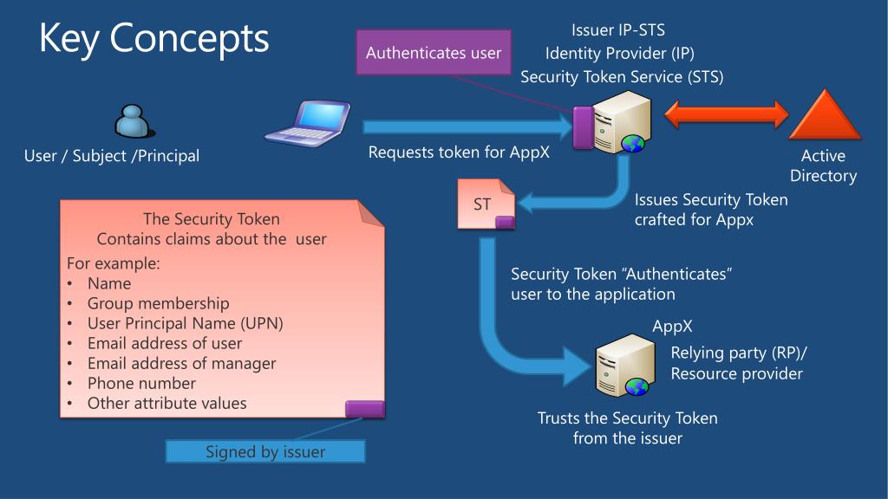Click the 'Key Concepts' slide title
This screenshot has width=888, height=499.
pos(154,38)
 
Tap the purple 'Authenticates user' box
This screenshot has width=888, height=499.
pos(434,53)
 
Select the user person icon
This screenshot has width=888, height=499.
pos(134,121)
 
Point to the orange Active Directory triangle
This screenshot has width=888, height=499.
pos(825,115)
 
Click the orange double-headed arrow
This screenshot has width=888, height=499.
pos(726,114)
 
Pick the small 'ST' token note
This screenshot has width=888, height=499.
pos(486,204)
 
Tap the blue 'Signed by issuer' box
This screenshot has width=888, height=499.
pos(265,451)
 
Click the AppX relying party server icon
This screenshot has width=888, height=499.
pos(625,365)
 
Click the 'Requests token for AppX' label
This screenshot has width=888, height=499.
pos(459,152)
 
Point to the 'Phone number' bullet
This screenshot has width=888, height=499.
pos(141,383)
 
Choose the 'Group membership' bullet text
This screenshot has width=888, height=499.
pos(158,303)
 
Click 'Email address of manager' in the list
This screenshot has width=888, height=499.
pos(181,363)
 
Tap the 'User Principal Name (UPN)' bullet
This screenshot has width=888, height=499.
pos(186,323)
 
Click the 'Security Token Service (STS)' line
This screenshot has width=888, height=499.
pos(622,76)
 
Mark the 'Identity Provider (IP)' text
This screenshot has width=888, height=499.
pos(619,53)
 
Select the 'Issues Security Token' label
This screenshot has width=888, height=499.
pos(711,200)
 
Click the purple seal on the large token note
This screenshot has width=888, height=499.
pos(365,409)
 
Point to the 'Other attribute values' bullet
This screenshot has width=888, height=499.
pos(167,404)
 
